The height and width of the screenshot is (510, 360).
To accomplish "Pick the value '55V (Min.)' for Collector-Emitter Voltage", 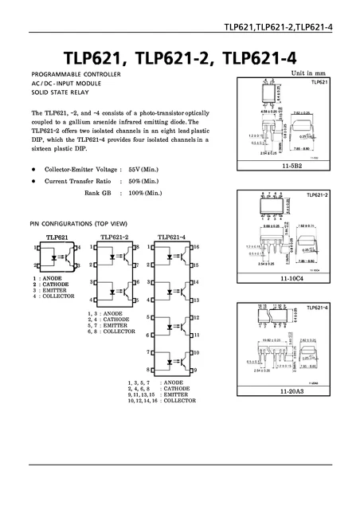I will pos(145,170).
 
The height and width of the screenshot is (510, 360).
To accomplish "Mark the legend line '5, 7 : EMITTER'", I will pos(111,325).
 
